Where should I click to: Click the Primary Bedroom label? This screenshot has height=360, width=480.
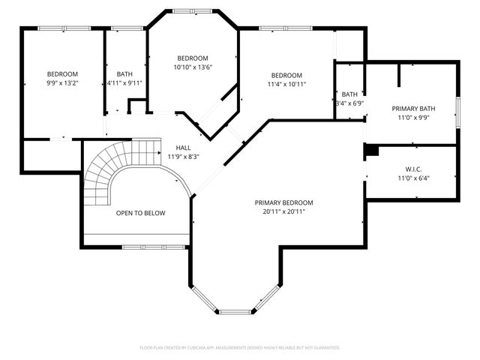point(283,202)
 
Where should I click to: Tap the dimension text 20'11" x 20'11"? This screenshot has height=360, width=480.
point(283,211)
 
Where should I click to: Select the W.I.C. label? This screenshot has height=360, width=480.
point(413,168)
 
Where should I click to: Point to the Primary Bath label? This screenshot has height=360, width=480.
point(413,109)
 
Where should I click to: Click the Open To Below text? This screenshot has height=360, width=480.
point(140,213)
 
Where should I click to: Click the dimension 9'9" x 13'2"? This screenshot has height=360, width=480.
point(62,83)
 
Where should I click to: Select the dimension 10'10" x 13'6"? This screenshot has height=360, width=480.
point(192,67)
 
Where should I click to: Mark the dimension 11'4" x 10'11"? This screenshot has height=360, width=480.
point(286,85)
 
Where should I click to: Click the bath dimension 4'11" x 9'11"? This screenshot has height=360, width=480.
point(124,83)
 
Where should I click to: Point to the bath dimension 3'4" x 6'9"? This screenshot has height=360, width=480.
point(349,103)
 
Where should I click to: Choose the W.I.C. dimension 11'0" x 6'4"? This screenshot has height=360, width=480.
point(413,178)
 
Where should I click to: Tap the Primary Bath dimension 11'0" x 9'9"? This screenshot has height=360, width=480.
point(413,118)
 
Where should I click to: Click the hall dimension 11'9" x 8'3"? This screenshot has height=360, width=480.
point(184,157)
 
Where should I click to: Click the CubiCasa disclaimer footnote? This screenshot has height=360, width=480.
point(240,347)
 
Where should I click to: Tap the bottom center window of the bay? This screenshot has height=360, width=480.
point(236,310)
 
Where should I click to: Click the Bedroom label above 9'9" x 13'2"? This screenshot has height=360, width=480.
point(62,73)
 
